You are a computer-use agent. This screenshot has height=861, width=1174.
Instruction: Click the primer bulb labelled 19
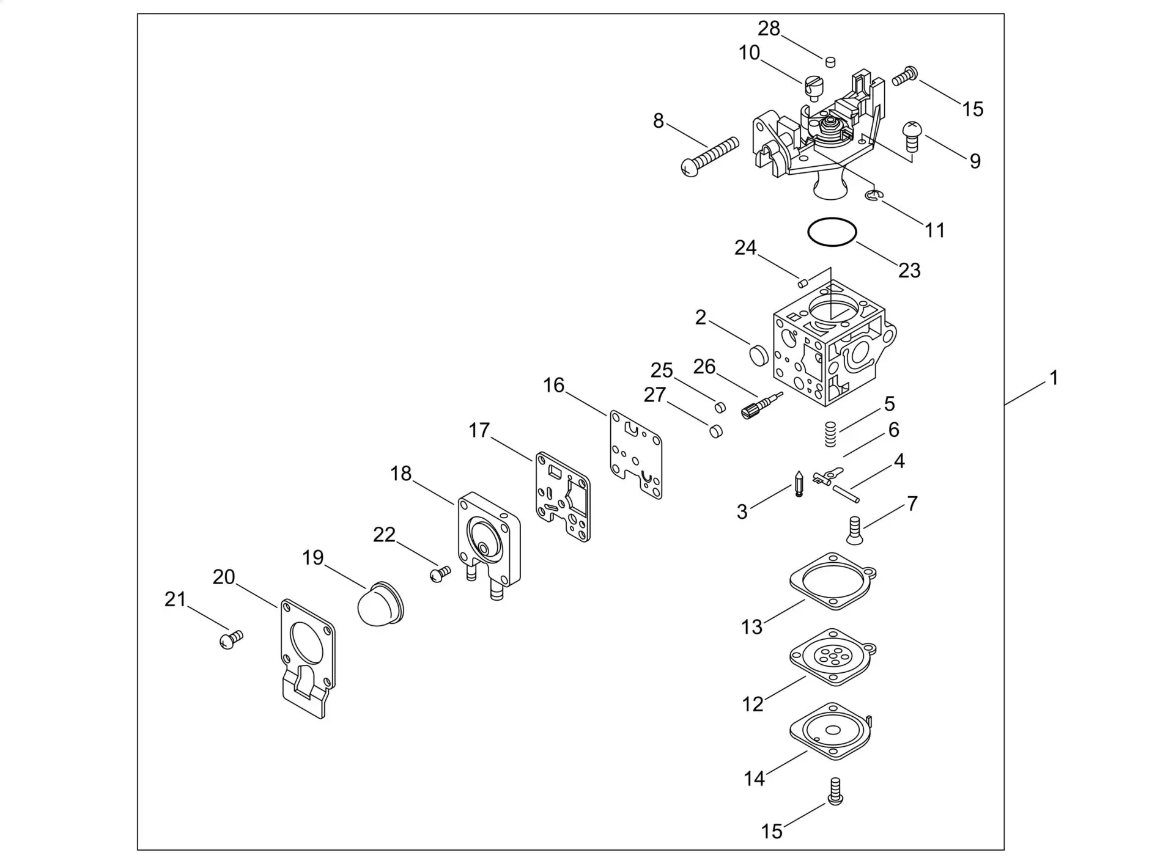[x=380, y=604]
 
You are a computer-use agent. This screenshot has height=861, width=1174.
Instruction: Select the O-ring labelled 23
[x=832, y=233]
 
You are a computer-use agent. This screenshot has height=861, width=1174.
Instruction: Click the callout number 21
[x=175, y=599]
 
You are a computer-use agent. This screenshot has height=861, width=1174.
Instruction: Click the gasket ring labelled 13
[x=833, y=581]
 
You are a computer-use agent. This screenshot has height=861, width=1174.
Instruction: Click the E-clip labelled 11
[x=874, y=196]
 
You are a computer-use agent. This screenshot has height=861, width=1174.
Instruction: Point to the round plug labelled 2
[x=759, y=354]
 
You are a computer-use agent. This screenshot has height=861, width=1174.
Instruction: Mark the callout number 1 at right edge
[x=1054, y=378]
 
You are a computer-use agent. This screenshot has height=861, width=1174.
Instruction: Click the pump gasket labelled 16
[x=636, y=453]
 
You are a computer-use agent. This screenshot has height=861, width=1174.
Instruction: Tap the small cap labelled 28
[x=830, y=61]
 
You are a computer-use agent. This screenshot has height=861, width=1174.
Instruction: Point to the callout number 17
[x=479, y=430]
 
